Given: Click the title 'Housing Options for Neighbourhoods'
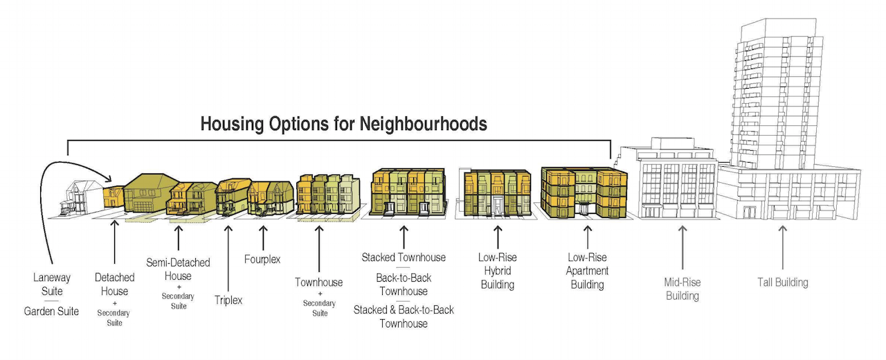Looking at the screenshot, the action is (x=343, y=124).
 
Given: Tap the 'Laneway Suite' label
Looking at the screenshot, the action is (x=52, y=284).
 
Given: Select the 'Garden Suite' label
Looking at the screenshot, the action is (x=51, y=312).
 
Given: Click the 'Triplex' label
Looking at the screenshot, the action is (x=228, y=300).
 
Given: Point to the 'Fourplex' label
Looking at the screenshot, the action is (x=262, y=259).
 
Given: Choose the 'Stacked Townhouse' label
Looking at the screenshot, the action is (x=404, y=258).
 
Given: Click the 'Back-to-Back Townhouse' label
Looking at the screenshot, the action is (x=404, y=285).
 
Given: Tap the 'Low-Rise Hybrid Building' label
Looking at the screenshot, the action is (x=498, y=271).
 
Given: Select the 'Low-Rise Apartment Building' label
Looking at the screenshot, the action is (x=588, y=271).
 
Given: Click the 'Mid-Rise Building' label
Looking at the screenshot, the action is (x=682, y=289).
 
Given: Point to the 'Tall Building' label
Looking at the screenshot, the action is (x=783, y=282).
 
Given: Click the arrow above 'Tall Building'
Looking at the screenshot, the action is (x=783, y=247).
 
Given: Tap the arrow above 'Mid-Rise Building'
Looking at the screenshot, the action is (x=682, y=247).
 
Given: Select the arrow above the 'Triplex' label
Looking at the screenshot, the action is (x=228, y=258).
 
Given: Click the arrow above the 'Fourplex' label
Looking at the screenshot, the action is (x=263, y=237).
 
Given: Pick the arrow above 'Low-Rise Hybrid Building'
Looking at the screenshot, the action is (x=498, y=237).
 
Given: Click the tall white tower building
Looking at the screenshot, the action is (x=775, y=95).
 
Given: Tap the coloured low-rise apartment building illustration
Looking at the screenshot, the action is (x=584, y=192).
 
